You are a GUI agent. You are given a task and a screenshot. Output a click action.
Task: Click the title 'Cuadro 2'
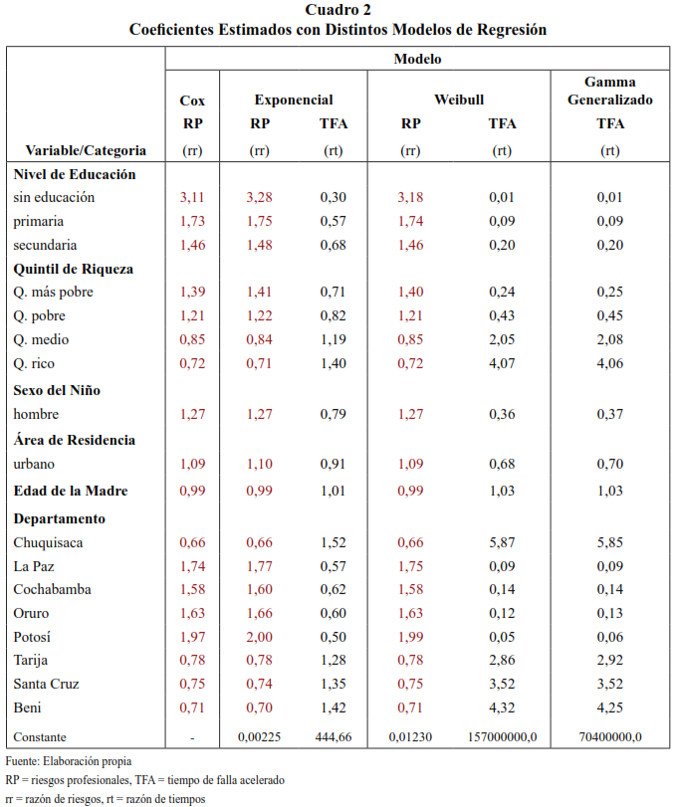coord(337,10)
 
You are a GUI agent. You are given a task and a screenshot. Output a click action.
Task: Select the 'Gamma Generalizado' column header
coord(609,91)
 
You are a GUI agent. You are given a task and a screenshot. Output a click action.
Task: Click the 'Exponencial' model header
coord(293,100)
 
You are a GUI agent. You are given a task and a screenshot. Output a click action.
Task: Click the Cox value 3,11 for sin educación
coord(192,197)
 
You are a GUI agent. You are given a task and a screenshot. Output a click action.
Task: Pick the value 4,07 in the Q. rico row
coord(502,363)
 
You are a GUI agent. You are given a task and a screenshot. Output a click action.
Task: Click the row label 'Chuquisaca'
coord(48,542)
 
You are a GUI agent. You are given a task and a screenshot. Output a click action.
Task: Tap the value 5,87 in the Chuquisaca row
coord(502,542)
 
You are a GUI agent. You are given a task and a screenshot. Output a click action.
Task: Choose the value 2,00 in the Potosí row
coord(260,636)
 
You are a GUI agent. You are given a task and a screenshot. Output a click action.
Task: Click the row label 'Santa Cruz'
coord(46,684)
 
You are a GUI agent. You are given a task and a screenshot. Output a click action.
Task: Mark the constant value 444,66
coord(333,737)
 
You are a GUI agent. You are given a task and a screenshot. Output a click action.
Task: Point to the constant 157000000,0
coord(502,737)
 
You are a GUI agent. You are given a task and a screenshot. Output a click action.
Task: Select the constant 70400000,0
coord(609,737)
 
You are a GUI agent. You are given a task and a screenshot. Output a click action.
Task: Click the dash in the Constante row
coord(192,737)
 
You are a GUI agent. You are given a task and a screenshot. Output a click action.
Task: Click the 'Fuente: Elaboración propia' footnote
coord(68,761)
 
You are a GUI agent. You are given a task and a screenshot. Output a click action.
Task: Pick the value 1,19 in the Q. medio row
coord(333,339)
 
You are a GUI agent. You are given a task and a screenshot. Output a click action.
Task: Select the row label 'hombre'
coord(37,413)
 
